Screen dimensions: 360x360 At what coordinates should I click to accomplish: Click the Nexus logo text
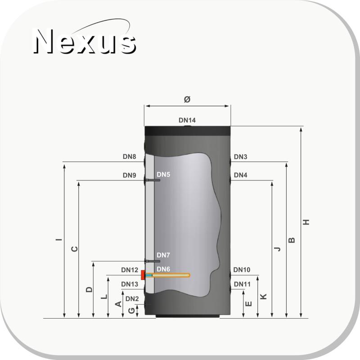click(85, 41)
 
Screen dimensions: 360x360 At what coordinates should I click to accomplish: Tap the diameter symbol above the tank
click(187, 99)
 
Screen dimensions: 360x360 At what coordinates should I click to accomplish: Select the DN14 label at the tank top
click(187, 120)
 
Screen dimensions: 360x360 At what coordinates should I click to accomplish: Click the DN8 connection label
click(130, 157)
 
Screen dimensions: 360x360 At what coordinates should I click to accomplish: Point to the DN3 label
click(240, 157)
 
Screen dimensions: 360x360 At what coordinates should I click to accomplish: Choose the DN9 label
click(130, 175)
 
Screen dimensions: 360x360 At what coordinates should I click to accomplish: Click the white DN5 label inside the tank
click(163, 175)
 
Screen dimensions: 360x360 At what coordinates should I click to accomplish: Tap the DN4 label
click(240, 175)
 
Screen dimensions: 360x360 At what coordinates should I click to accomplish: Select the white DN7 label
click(163, 255)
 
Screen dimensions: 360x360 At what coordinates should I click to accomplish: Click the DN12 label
click(130, 270)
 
